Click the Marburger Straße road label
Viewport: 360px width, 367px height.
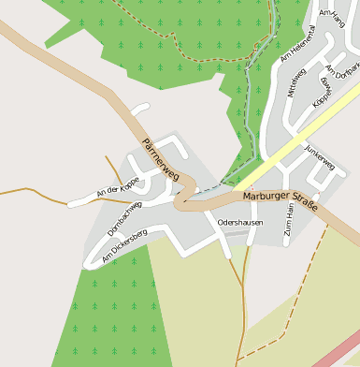click(280, 198)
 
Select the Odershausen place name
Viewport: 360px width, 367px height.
click(240, 222)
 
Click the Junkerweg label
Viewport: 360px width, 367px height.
click(320, 161)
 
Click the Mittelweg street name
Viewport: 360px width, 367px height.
click(297, 82)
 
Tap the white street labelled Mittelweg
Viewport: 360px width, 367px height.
click(286, 94)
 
